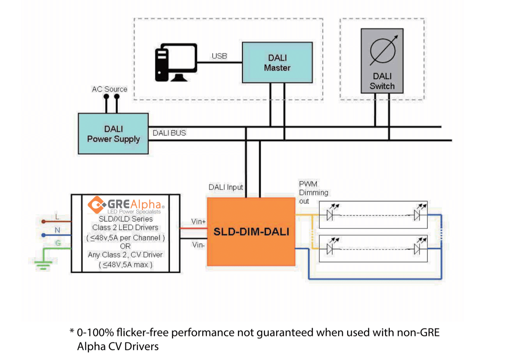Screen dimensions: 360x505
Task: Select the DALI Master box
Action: pyautogui.click(x=277, y=62)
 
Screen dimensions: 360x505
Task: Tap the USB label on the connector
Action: pyautogui.click(x=219, y=56)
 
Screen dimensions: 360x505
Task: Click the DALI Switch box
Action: pyautogui.click(x=382, y=61)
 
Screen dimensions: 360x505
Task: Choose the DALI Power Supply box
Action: pyautogui.click(x=113, y=133)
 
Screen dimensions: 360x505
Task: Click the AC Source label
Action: pyautogui.click(x=109, y=89)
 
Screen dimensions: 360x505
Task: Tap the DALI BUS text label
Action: pyautogui.click(x=169, y=133)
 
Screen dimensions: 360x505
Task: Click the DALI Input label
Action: pyautogui.click(x=226, y=187)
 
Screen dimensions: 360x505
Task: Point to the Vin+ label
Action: pyautogui.click(x=198, y=222)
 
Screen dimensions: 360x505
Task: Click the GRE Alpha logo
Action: pyautogui.click(x=125, y=205)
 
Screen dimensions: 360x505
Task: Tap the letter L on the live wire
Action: pyautogui.click(x=57, y=217)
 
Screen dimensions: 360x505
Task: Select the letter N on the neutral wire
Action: pyautogui.click(x=57, y=230)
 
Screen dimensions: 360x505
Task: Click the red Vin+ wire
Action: pyautogui.click(x=194, y=228)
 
